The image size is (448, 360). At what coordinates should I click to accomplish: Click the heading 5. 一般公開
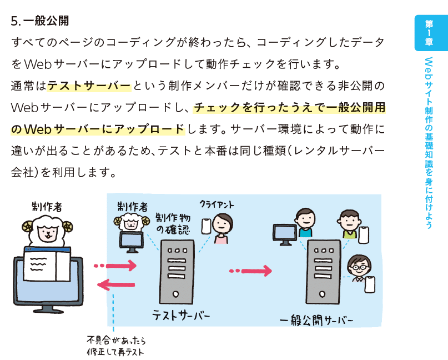40,22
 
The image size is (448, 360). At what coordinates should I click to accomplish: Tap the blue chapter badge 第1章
429,33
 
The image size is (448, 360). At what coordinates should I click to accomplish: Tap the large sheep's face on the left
46,228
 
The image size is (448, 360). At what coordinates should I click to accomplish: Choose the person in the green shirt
349,224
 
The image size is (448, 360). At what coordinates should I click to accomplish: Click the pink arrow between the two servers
251,271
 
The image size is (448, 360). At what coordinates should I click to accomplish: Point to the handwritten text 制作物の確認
174,223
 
